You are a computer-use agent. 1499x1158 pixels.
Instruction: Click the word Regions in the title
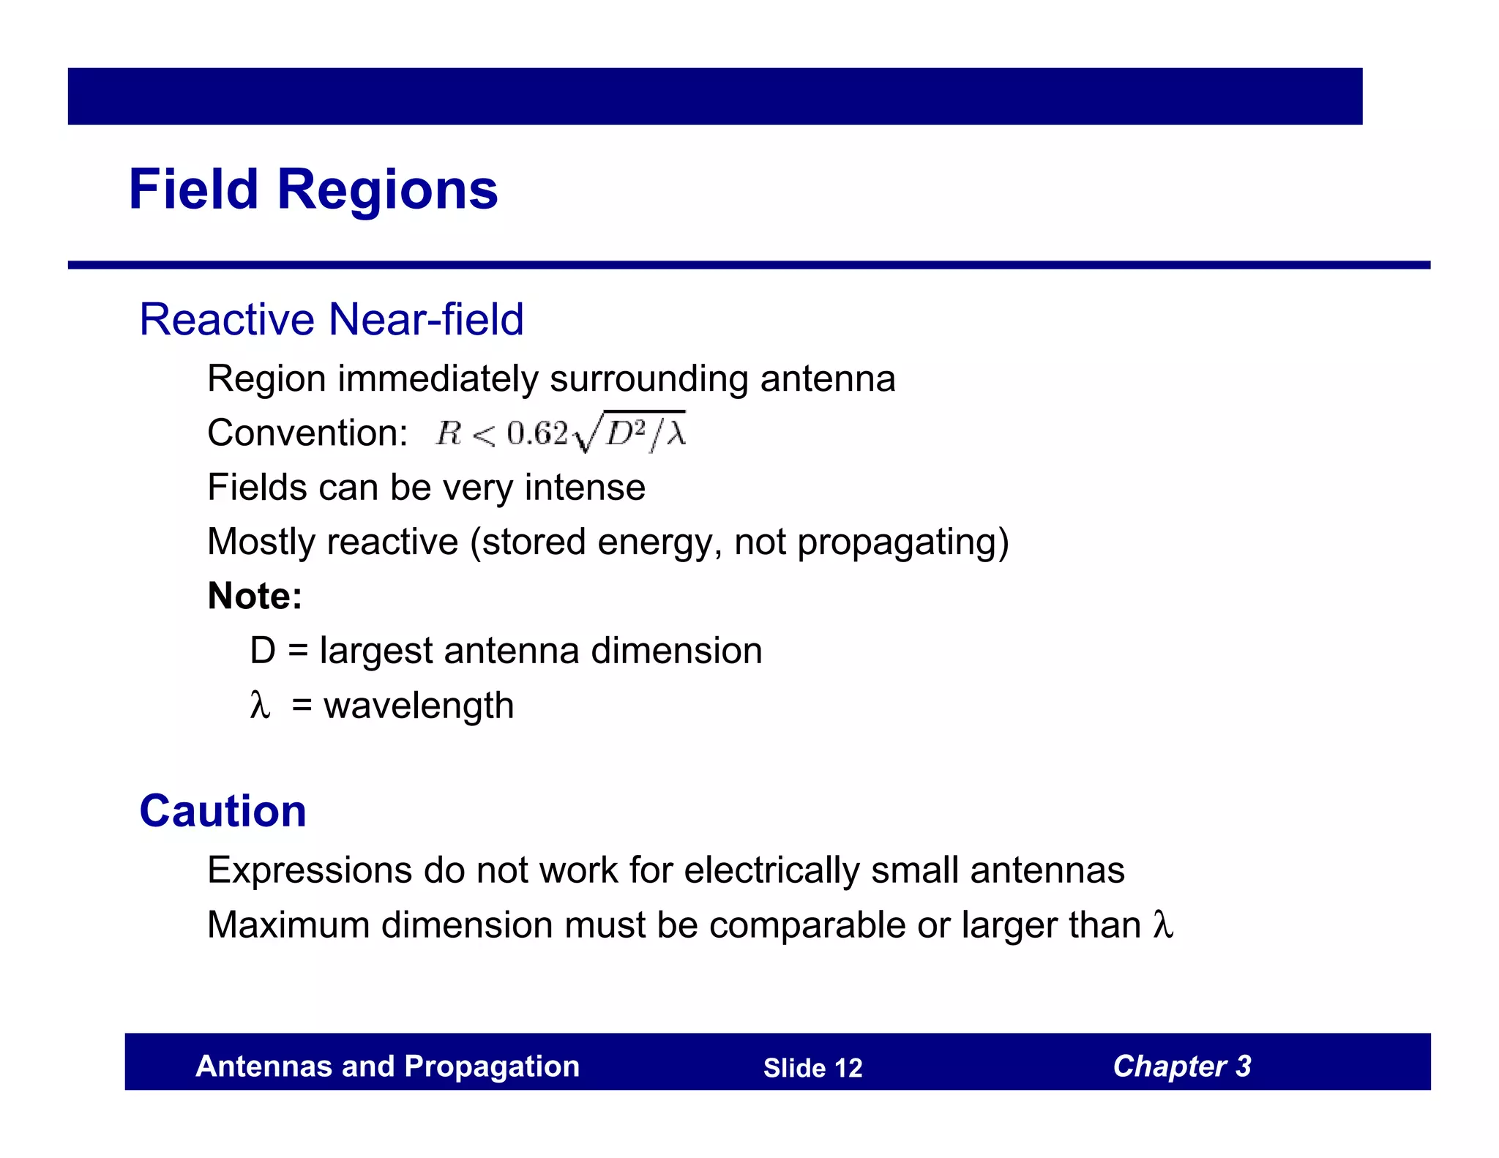[x=387, y=190]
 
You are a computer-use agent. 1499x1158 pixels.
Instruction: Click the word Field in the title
[x=193, y=189]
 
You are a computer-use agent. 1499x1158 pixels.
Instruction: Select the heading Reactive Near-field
[x=331, y=319]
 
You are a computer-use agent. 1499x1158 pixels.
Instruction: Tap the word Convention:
[x=307, y=433]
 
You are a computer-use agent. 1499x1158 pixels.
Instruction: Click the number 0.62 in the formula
[x=537, y=433]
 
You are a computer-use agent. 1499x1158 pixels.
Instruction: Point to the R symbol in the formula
[x=448, y=433]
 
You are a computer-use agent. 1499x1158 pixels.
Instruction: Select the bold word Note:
[x=255, y=596]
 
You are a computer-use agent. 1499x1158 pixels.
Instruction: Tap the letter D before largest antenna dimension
[x=262, y=651]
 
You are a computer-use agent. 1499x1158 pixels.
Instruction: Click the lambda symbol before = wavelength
[x=260, y=705]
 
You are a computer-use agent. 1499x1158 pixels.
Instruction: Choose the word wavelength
[x=419, y=706]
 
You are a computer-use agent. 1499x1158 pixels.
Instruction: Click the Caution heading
[x=223, y=811]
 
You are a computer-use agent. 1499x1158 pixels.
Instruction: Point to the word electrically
[x=771, y=870]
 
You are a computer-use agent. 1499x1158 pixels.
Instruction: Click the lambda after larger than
[x=1163, y=924]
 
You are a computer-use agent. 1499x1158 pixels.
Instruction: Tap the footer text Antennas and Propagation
[x=387, y=1067]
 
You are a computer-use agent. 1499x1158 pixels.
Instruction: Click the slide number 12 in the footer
[x=848, y=1068]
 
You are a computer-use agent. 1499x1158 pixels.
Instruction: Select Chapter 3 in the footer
[x=1181, y=1067]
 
